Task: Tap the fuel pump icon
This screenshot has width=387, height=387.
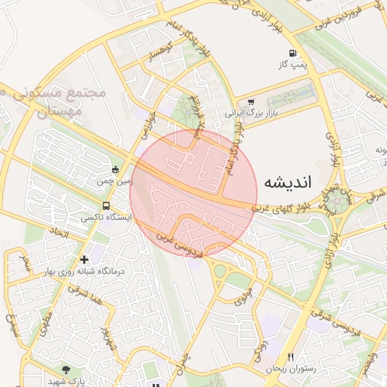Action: pos(293,54)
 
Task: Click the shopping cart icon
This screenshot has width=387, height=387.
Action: pos(251,101)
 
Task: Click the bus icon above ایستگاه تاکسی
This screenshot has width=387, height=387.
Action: pos(106,205)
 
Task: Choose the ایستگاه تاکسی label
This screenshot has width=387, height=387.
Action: pos(107,217)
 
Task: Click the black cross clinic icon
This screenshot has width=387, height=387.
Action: pos(84,259)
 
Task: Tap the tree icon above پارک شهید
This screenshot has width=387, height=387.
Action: pos(66,370)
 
